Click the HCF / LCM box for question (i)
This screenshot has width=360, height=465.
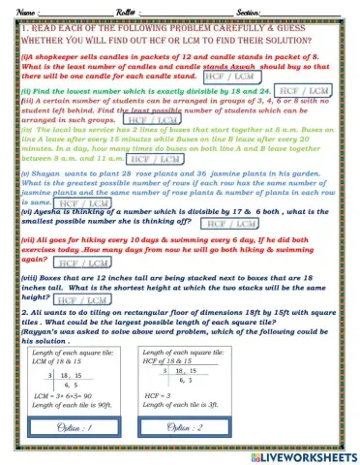pyautogui.click(x=228, y=76)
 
